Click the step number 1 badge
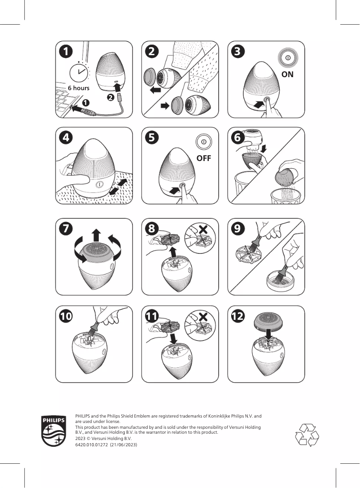(x=66, y=52)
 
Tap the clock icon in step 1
(x=80, y=72)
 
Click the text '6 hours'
(x=79, y=88)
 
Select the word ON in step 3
(x=287, y=74)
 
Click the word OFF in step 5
(x=203, y=158)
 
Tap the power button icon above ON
(x=288, y=58)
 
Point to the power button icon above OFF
(x=203, y=142)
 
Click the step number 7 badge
(x=66, y=228)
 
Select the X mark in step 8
(x=203, y=229)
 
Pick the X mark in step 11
(x=203, y=317)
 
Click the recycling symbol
(x=307, y=435)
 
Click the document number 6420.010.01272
(x=91, y=444)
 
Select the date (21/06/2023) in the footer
(x=123, y=444)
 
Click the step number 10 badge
(x=66, y=316)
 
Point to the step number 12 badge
(x=238, y=316)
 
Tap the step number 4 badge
(x=66, y=137)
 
